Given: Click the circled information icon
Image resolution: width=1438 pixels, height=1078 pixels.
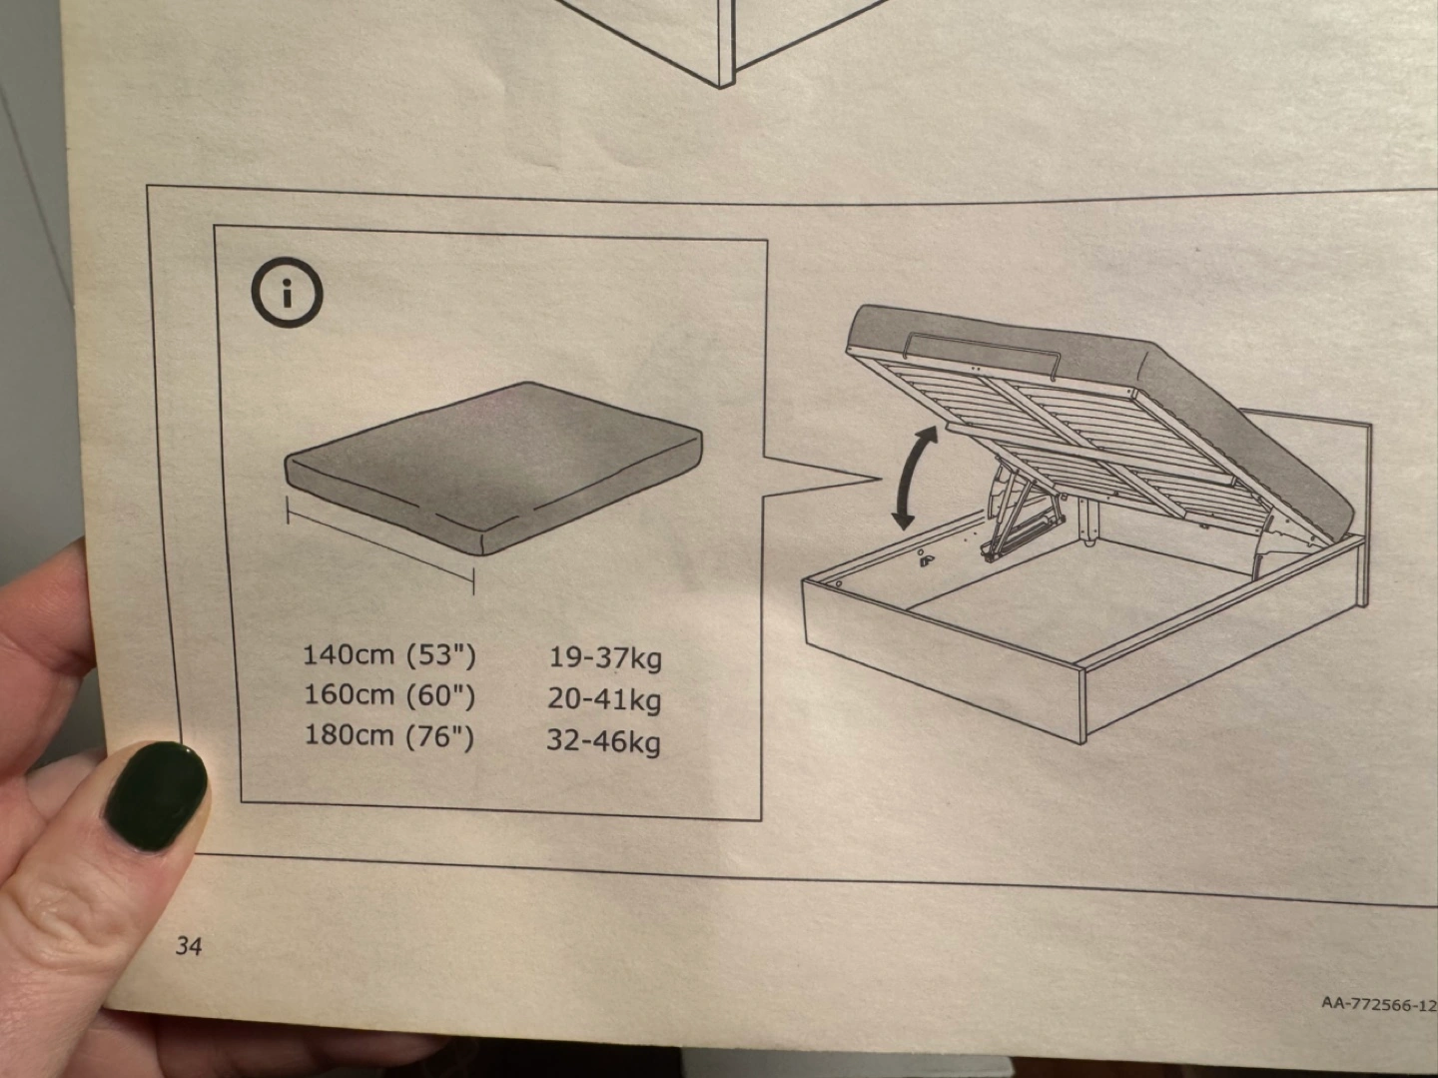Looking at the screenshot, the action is (287, 294).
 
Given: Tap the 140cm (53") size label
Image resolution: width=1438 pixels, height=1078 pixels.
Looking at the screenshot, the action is (389, 654).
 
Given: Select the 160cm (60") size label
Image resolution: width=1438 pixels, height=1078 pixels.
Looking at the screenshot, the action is (389, 695).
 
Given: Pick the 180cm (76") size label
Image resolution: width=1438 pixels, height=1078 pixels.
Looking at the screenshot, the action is (389, 736).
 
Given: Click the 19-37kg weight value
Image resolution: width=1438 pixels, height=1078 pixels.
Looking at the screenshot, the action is (605, 658).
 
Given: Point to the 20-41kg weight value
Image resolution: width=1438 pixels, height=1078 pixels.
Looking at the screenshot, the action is (604, 700).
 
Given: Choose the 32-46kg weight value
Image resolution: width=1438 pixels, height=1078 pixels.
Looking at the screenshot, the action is (603, 742).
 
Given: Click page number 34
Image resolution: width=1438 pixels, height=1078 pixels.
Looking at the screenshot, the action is (189, 946).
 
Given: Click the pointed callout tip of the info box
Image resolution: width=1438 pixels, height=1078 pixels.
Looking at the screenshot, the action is (882, 479).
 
